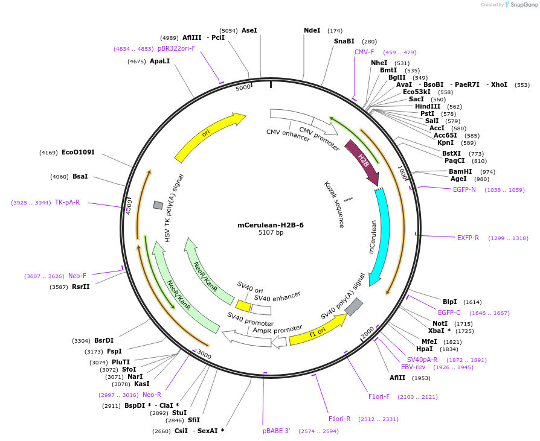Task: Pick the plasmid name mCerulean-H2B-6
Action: [270, 225]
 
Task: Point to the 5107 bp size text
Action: [270, 233]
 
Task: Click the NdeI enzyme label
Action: [312, 30]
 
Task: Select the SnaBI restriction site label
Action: [344, 42]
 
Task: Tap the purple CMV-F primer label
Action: [364, 52]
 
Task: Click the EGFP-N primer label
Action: [464, 189]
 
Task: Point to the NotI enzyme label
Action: [440, 323]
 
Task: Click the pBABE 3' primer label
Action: [276, 431]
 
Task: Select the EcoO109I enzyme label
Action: [78, 153]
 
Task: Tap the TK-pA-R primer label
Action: [67, 202]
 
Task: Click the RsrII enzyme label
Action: [80, 287]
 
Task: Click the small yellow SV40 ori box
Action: [243, 306]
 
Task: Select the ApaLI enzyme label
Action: [159, 61]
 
